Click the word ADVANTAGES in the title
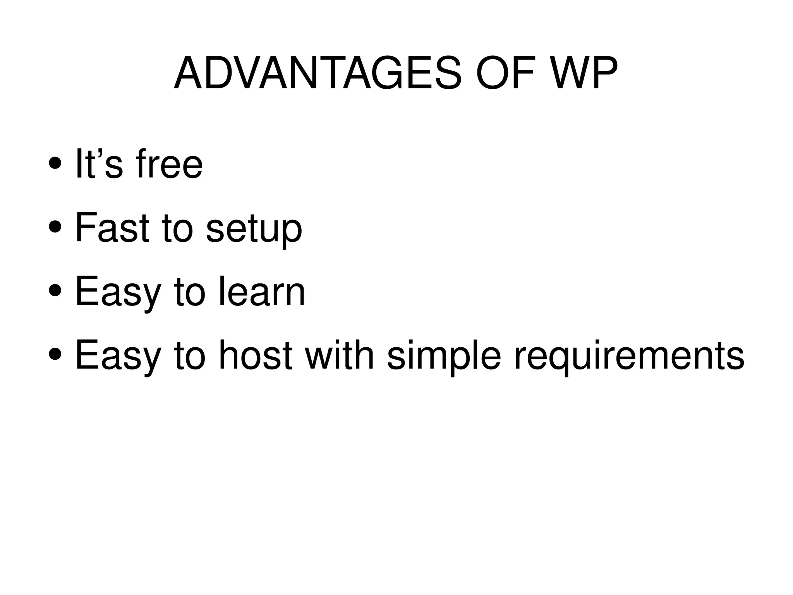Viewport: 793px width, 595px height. click(x=318, y=73)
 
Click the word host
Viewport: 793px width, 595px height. click(x=256, y=355)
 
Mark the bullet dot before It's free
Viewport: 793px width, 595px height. click(x=55, y=164)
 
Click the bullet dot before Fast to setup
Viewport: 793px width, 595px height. click(x=55, y=228)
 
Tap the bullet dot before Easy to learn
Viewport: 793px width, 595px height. click(x=55, y=291)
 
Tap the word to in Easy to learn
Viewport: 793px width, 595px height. click(x=189, y=291)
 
